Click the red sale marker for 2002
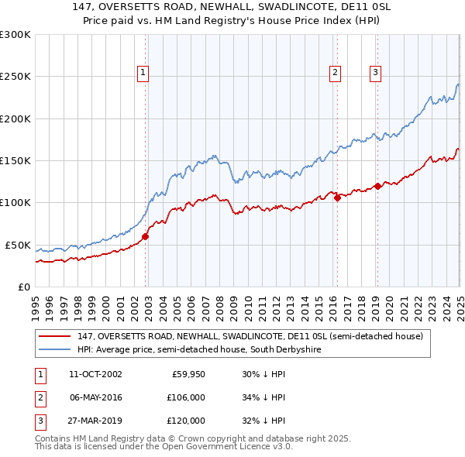145,237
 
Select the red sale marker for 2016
337,198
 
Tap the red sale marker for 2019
377,186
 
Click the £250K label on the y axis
15,77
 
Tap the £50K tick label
18,245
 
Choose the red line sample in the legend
55,336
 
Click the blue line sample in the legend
55,350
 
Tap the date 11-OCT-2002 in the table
96,374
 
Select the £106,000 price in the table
184,397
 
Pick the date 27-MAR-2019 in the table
96,421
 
